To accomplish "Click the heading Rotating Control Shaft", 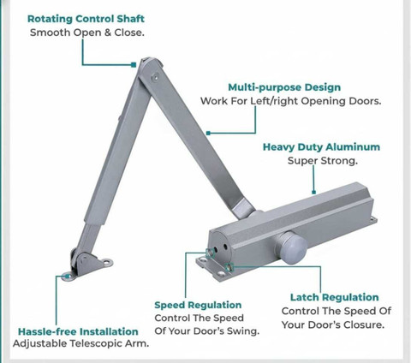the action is tap(86, 19).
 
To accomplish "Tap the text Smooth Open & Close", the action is tap(87, 33).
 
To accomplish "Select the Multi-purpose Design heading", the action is tap(284, 87).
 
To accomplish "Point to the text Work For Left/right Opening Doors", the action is tap(290, 101).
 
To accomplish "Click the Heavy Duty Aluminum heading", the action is tap(321, 147).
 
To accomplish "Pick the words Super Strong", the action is tap(323, 161).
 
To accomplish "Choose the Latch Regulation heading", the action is tap(335, 297).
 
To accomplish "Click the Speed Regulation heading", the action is tap(198, 305).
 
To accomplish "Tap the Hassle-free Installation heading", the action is tap(78, 331).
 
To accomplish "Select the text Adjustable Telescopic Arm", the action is tap(80, 343).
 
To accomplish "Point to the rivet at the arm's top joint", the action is tap(155, 78).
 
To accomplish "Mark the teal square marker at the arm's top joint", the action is tap(134, 65).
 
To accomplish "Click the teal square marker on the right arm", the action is tap(208, 133).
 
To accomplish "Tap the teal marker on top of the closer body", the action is tap(314, 193).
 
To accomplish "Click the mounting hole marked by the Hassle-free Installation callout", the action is tap(68, 277).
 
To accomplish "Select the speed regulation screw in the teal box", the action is tap(210, 253).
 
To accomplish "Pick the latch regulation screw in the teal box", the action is tap(229, 267).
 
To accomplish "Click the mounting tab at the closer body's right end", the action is tap(373, 220).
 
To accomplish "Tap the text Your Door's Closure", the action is tap(333, 324).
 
